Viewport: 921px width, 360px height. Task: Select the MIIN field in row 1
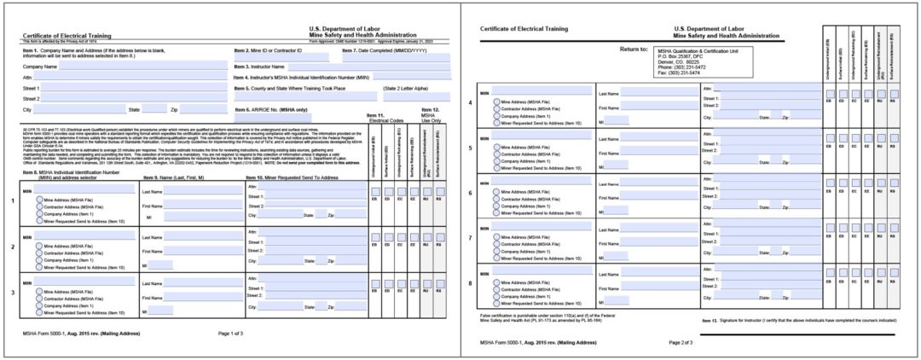pyautogui.click(x=86, y=191)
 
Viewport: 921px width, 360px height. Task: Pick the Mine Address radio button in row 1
pyautogui.click(x=39, y=200)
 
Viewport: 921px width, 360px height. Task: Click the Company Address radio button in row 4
pyautogui.click(x=497, y=116)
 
